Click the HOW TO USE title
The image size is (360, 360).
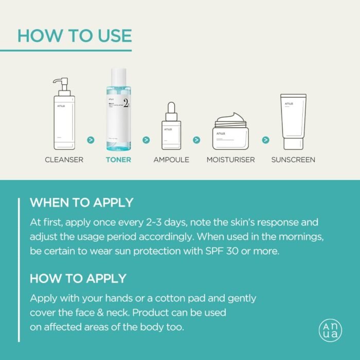[x=75, y=35]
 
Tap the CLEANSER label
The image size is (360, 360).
[x=64, y=159]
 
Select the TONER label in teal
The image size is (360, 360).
[x=118, y=159]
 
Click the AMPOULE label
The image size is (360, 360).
[x=171, y=159]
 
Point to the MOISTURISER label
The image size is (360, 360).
[x=230, y=159]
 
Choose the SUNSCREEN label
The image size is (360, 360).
[x=293, y=159]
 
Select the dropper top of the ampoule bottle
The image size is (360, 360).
[x=171, y=109]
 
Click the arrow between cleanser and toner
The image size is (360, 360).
[x=91, y=139]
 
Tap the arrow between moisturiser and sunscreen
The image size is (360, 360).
[x=265, y=139]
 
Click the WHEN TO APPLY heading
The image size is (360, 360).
[x=81, y=202]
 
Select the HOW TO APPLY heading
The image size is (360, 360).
[x=78, y=278]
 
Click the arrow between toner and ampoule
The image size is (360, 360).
[x=146, y=139]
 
